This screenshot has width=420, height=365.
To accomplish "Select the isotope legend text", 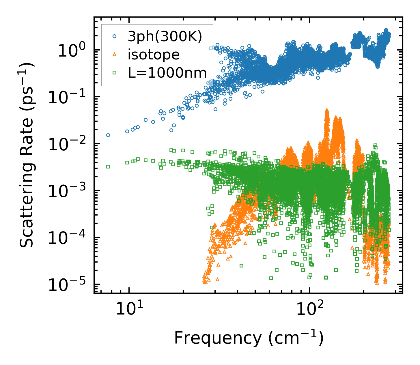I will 154,55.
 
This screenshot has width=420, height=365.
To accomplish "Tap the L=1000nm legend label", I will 167,73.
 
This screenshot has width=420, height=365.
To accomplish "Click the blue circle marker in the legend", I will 115,36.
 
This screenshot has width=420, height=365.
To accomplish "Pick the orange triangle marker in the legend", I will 115,55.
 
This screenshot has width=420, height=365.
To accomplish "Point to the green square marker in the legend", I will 115,73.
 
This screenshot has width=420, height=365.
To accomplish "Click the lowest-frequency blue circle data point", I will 108,135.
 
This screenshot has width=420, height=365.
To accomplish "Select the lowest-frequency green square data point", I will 108,166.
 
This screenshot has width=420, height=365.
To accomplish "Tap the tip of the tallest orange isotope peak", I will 327,110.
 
